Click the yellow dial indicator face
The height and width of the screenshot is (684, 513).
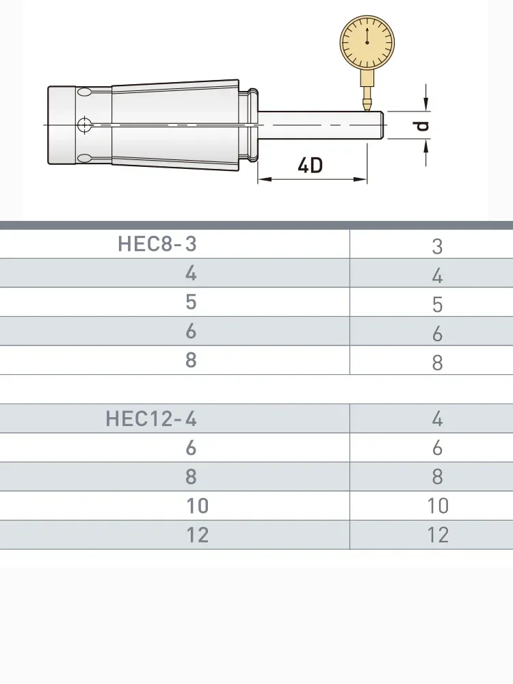pyautogui.click(x=367, y=42)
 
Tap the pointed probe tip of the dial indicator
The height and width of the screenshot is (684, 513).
pyautogui.click(x=367, y=107)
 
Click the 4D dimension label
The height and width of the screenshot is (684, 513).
pyautogui.click(x=310, y=166)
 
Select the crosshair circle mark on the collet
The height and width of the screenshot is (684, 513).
pyautogui.click(x=84, y=124)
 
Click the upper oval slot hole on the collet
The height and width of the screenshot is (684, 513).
pyautogui.click(x=85, y=92)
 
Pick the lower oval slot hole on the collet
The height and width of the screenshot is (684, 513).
pyautogui.click(x=85, y=158)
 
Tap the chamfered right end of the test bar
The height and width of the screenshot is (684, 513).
pyautogui.click(x=382, y=125)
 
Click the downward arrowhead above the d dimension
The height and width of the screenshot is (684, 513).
pyautogui.click(x=426, y=104)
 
